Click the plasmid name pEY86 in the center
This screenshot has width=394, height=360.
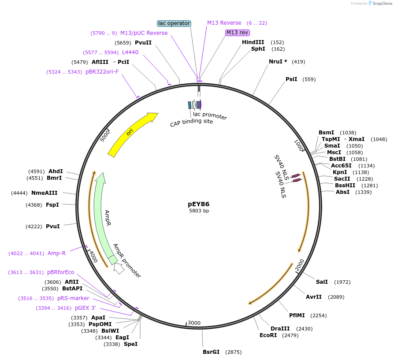[x=199, y=204]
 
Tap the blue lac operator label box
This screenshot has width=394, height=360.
[x=174, y=23]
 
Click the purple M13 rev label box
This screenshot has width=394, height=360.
[x=238, y=33]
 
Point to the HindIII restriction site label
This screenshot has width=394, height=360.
[x=253, y=42]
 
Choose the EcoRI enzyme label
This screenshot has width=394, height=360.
[x=268, y=335]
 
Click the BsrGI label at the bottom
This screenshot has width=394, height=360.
[x=211, y=352]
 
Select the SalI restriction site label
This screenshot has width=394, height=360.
[x=322, y=282]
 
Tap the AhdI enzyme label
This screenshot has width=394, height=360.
[x=56, y=171]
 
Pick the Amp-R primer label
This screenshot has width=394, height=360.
[x=56, y=253]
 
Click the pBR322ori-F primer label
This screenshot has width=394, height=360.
[x=102, y=72]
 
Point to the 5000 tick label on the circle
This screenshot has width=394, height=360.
[x=105, y=135]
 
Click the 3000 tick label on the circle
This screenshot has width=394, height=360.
[x=194, y=323]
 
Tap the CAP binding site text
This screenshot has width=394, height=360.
[x=191, y=121]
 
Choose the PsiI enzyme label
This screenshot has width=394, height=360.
[x=291, y=79]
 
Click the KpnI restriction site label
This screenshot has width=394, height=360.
[x=340, y=172]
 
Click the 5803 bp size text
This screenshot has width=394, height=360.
[x=199, y=211]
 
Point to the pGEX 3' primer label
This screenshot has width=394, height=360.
[x=85, y=308]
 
